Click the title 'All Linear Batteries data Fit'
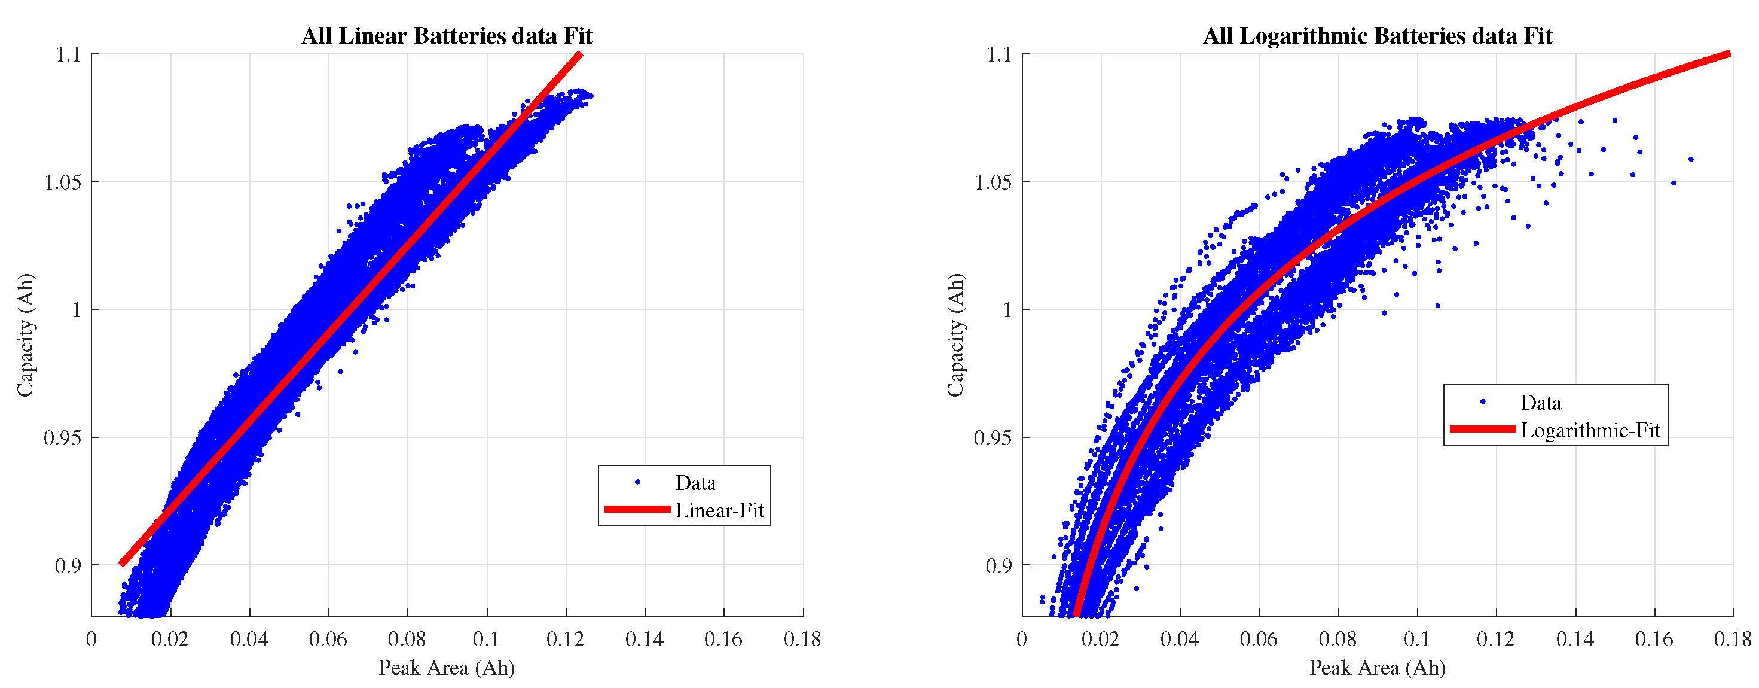pyautogui.click(x=447, y=35)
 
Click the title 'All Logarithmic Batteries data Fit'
pyautogui.click(x=1378, y=35)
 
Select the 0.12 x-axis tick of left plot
pyautogui.click(x=566, y=640)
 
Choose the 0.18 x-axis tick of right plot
pyautogui.click(x=1732, y=640)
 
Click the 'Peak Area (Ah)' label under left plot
pyautogui.click(x=447, y=668)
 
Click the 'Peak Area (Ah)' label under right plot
pyautogui.click(x=1378, y=668)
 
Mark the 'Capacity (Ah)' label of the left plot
pyautogui.click(x=25, y=335)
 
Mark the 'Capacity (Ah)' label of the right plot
pyautogui.click(x=955, y=335)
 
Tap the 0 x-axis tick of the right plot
pyautogui.click(x=1022, y=640)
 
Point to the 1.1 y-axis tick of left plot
pyautogui.click(x=68, y=54)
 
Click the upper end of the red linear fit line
pyautogui.click(x=580, y=54)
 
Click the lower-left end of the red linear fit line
pyautogui.click(x=122, y=563)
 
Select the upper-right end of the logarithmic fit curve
pyautogui.click(x=1730, y=54)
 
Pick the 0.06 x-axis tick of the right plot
pyautogui.click(x=1259, y=640)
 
